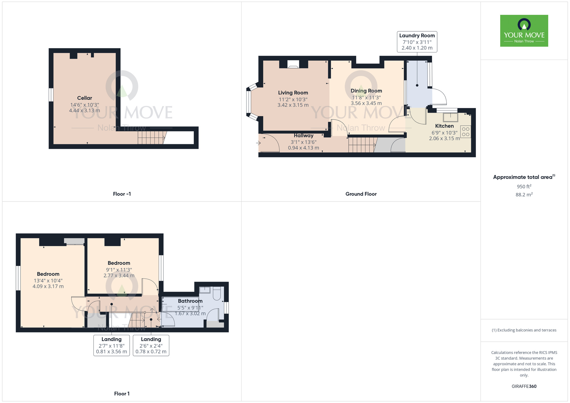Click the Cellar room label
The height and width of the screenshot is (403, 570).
85,98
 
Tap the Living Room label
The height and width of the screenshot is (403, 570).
293,93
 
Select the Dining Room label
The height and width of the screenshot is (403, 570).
366,91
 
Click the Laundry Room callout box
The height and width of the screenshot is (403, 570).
417,42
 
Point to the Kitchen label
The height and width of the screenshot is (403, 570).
444,126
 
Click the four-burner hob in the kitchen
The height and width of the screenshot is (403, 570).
466,132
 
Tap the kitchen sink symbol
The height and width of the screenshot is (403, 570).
451,117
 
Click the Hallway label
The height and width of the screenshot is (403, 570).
304,136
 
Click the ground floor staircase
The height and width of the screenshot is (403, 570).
362,145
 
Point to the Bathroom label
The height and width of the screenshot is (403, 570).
190,301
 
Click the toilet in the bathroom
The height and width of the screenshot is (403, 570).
217,294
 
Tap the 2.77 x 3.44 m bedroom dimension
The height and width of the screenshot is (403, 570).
119,276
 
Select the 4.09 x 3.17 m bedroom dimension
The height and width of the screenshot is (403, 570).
48,286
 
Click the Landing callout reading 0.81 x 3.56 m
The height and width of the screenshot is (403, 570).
112,345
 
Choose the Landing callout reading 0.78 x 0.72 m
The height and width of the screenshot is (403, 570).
151,345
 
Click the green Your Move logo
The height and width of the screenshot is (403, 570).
524,31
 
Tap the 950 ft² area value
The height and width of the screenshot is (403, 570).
524,186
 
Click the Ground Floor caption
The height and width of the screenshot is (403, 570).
361,194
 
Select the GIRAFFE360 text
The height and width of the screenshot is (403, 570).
524,386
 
